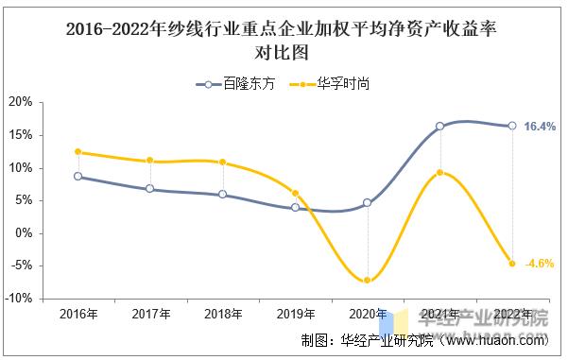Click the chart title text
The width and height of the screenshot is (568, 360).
click(x=284, y=41)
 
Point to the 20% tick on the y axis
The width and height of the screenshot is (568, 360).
click(x=22, y=102)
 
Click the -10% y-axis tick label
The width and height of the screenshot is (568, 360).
click(x=20, y=298)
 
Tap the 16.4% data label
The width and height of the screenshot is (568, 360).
click(x=540, y=127)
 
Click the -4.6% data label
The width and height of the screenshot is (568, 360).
click(x=539, y=264)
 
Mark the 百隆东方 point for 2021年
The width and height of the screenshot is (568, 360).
click(x=440, y=126)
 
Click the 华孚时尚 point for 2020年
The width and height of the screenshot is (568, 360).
click(x=368, y=280)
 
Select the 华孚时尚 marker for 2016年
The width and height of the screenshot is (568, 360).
click(x=77, y=151)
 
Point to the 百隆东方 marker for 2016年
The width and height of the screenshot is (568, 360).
click(x=77, y=176)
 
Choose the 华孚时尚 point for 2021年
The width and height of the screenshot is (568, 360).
click(x=440, y=172)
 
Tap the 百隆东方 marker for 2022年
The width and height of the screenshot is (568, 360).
click(x=512, y=126)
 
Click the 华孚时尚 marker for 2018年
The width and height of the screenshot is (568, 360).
click(x=222, y=162)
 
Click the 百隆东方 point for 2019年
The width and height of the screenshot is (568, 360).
click(x=295, y=207)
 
